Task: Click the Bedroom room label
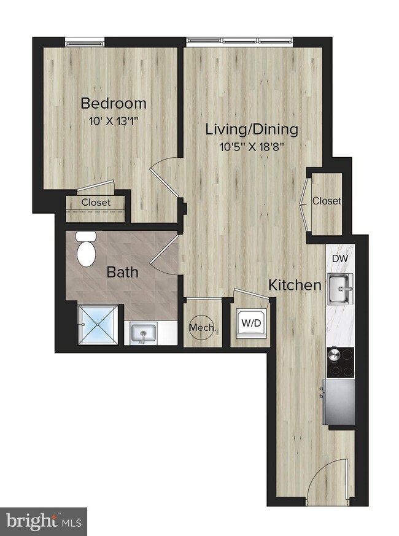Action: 114,103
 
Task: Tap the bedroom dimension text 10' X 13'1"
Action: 114,121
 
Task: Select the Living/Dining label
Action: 252,130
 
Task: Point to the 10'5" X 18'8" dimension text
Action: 252,147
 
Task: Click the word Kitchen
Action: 295,285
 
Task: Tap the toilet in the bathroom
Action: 85,249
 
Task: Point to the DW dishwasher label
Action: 339,258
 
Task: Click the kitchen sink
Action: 340,288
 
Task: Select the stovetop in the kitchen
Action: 340,362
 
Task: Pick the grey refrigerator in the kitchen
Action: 339,401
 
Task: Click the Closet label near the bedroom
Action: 96,202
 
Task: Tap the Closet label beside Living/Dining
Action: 327,201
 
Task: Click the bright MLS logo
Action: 43,521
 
